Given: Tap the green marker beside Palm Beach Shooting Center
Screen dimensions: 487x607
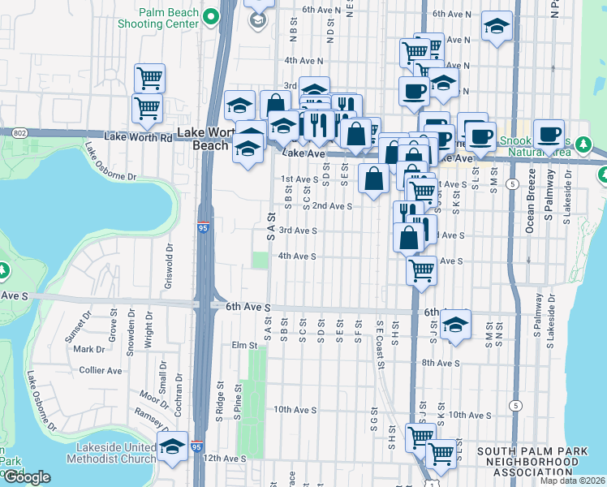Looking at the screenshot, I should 211,16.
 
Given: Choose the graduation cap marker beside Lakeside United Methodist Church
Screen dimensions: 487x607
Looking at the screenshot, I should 171,447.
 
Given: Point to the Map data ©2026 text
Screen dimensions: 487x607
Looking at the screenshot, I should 572,481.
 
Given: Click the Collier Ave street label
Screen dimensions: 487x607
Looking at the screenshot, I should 101,370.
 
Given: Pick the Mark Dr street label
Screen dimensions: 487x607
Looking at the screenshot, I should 84,349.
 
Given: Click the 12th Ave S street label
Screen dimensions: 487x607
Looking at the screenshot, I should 225,458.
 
